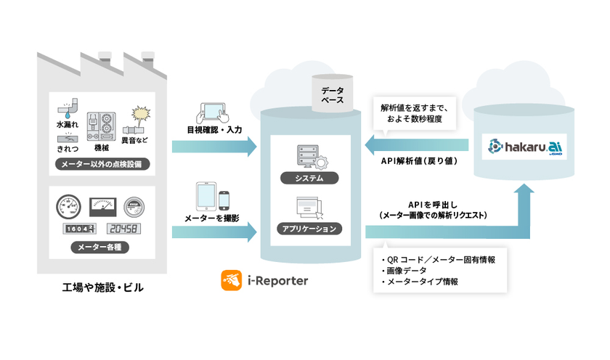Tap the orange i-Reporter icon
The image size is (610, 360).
231,279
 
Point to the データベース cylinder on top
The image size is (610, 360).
333,94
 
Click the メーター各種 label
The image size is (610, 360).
102,247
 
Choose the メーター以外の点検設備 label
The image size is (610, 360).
102,165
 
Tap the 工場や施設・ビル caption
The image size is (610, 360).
102,288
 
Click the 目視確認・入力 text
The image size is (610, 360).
213,130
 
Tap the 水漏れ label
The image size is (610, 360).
66,125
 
